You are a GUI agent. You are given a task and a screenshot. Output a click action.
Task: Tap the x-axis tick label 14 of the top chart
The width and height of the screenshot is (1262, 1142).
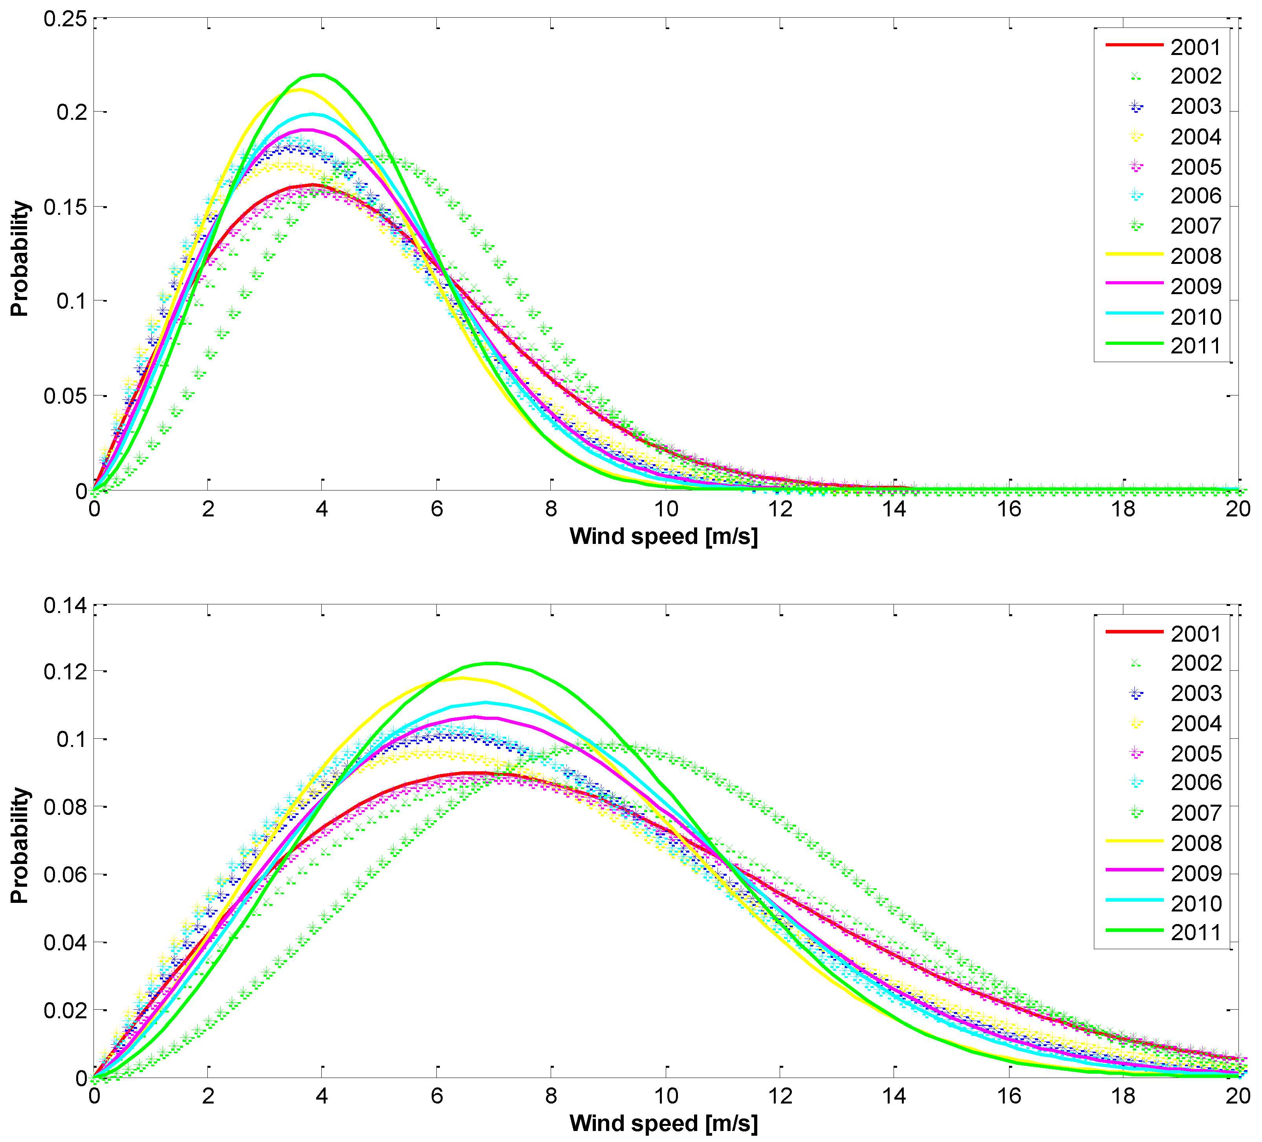(894, 509)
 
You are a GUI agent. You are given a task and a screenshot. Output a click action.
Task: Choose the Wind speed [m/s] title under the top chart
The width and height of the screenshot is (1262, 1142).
(663, 536)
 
